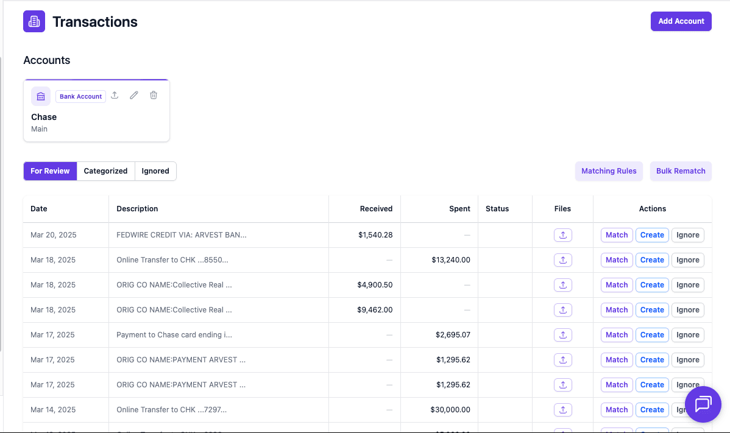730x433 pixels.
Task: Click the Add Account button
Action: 681,21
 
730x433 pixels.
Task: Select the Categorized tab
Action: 105,171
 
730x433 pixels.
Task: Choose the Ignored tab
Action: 155,171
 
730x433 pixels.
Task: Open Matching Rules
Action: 609,171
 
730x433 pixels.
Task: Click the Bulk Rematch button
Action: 681,171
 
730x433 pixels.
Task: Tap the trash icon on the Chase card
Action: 154,96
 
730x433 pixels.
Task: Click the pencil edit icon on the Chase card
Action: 134,96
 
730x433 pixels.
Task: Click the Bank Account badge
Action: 81,96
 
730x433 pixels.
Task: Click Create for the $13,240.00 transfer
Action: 652,260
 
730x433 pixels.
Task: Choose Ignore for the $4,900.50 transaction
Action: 687,285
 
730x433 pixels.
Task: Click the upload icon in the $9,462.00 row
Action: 562,310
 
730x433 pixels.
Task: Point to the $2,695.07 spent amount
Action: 453,335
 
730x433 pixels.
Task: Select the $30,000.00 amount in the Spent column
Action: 450,410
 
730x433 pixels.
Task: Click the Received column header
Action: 376,209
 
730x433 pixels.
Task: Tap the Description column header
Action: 137,209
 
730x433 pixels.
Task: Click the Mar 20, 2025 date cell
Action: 54,235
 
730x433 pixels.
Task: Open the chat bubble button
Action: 703,404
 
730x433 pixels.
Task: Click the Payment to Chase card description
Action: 174,335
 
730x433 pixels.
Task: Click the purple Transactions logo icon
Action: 34,22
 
